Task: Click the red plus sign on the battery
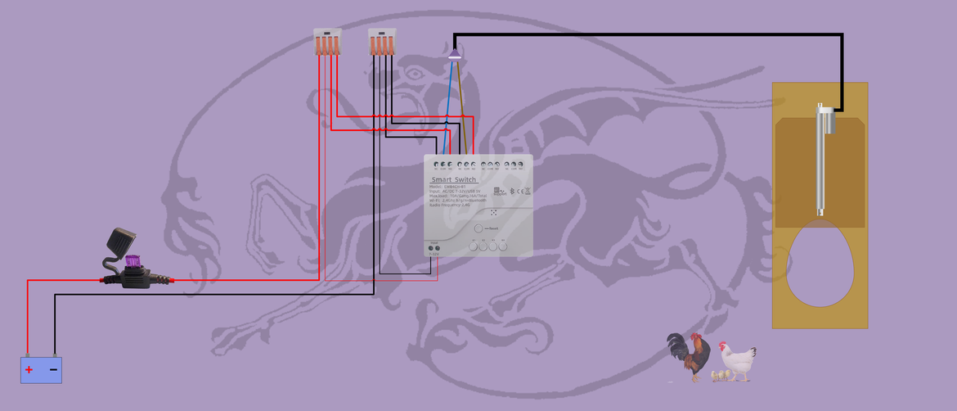point(29,370)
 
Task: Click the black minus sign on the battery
point(53,370)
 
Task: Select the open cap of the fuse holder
point(119,241)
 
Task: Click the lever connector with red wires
point(327,42)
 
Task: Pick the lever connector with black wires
point(381,42)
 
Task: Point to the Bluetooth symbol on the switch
point(511,192)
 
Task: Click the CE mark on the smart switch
point(519,192)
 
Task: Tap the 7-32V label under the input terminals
point(434,254)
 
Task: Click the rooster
point(690,355)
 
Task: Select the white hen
point(738,360)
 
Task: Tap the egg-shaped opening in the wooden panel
point(820,264)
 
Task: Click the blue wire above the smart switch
point(448,106)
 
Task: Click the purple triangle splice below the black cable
point(455,54)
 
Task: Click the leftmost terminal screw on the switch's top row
point(437,165)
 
